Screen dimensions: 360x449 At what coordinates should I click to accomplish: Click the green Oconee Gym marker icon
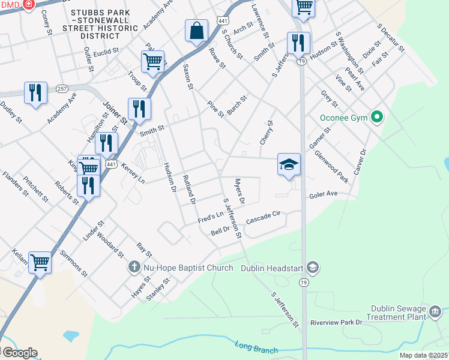point(377,117)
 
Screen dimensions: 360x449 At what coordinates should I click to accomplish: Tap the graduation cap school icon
point(289,164)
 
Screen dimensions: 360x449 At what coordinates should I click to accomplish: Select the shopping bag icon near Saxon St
point(197,31)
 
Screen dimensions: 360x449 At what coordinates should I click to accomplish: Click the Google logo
point(19,353)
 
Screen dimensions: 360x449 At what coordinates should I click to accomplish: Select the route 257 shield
point(62,88)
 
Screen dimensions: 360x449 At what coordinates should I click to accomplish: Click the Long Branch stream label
point(257,348)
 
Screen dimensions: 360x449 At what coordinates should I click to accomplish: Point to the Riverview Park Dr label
point(337,322)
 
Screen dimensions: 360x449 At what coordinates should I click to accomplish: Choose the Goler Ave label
point(324,195)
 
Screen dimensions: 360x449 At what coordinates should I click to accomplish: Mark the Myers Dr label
point(240,191)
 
